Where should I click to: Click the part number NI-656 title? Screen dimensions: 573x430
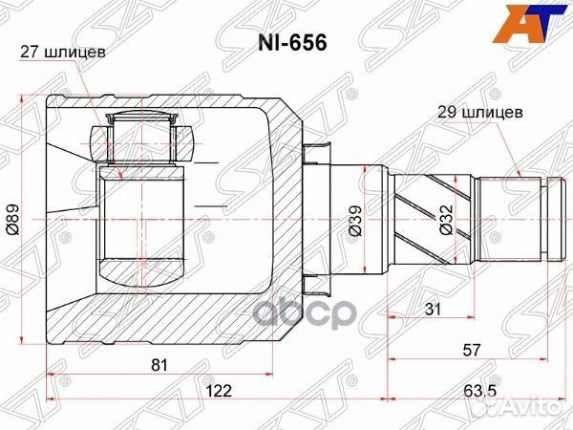292,43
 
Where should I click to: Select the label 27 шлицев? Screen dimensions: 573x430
63,53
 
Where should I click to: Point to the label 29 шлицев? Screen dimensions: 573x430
480,112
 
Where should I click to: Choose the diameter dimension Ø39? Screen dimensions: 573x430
354,221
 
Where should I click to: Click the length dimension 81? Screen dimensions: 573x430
159,365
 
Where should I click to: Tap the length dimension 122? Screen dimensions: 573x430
219,391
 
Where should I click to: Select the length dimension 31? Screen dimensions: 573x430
433,309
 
